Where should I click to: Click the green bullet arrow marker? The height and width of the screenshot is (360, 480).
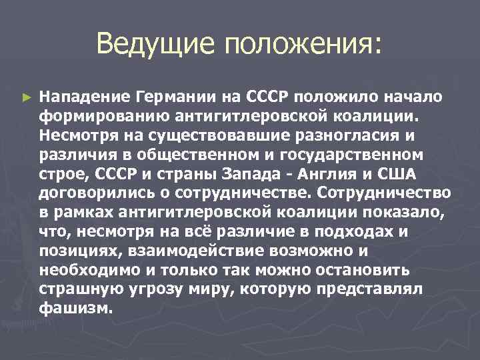click(x=27, y=97)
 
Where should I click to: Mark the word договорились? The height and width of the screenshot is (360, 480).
click(x=97, y=193)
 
